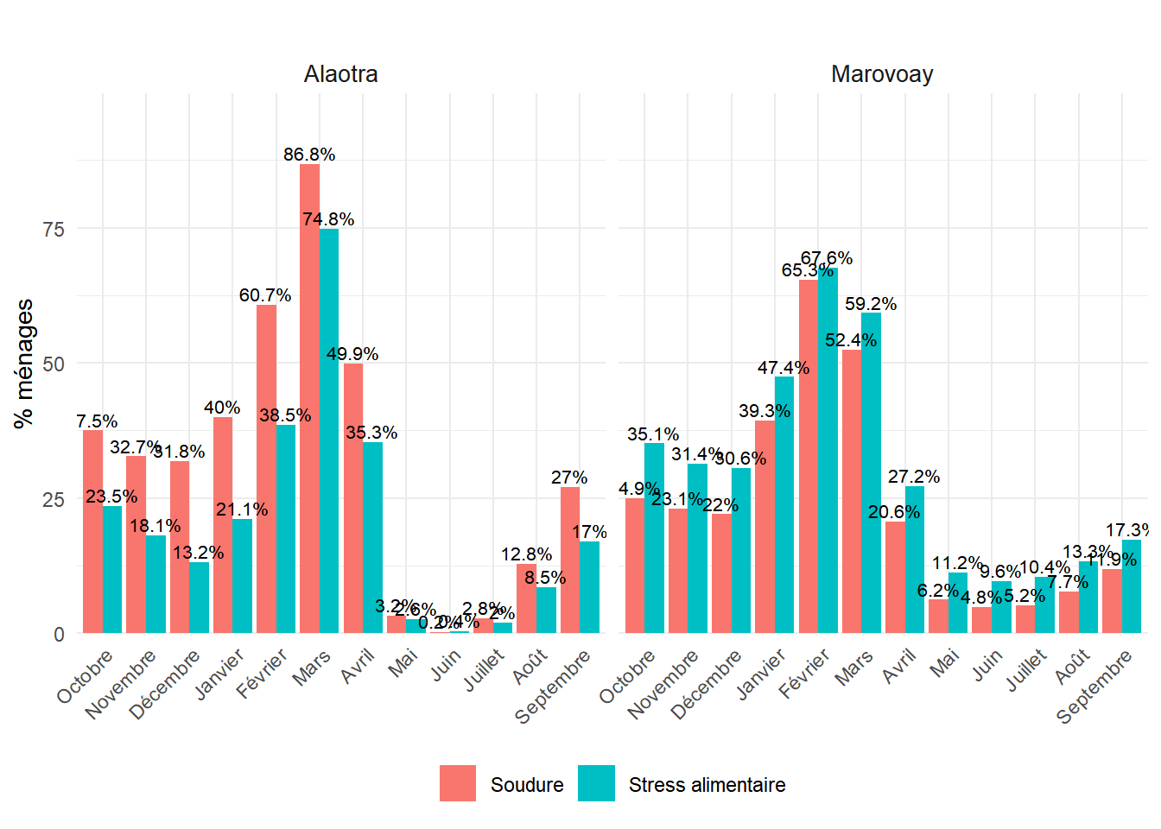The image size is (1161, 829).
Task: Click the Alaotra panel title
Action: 340,74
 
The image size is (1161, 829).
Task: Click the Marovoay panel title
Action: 882,74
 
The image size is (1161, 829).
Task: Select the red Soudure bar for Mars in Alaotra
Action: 309,397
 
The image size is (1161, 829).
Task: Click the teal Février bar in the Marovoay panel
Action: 828,450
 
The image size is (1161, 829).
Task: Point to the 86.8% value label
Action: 309,155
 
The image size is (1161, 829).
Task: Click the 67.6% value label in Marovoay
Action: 827,258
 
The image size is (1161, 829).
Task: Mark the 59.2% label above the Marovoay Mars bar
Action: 871,304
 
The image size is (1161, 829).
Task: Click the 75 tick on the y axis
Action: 54,229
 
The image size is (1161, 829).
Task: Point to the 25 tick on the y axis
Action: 54,499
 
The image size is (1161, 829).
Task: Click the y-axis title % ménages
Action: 24,363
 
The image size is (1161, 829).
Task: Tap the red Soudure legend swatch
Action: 458,783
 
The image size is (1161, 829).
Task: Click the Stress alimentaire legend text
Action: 707,785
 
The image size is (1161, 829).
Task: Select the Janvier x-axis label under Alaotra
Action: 219,674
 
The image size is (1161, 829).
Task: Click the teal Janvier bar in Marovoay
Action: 784,504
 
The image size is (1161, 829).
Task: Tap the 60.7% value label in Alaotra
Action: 265,295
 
